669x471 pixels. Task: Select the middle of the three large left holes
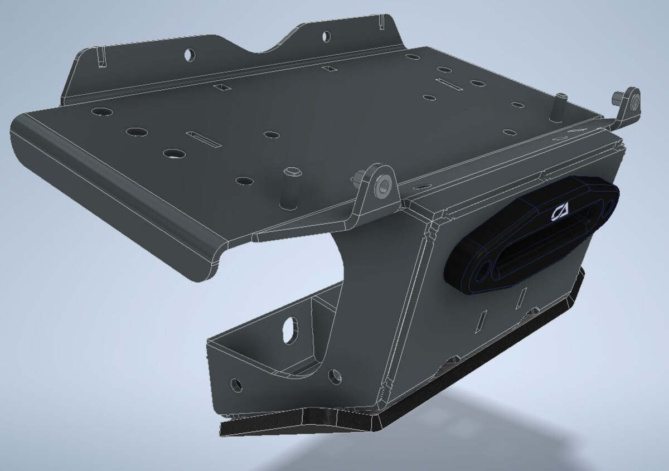point(136,133)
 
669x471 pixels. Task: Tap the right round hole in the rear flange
point(325,37)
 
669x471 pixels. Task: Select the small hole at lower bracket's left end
point(236,384)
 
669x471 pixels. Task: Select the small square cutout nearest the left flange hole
point(222,88)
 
